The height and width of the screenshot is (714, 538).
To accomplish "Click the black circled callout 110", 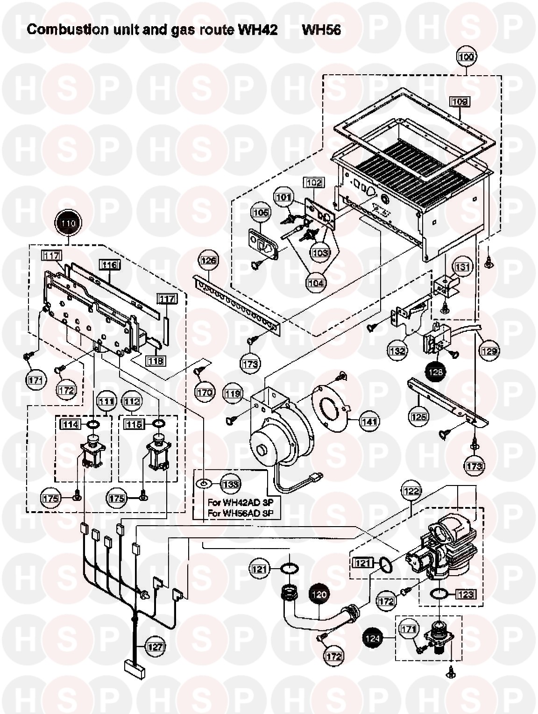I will (69, 223).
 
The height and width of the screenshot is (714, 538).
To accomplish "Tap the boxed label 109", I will (459, 101).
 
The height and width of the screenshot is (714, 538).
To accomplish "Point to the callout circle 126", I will (209, 260).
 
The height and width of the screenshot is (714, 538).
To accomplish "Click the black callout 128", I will (435, 371).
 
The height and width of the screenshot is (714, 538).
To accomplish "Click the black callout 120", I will (319, 594).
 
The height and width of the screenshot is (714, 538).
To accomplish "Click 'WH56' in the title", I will (321, 30).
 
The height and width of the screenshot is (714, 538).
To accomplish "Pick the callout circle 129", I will (489, 351).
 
